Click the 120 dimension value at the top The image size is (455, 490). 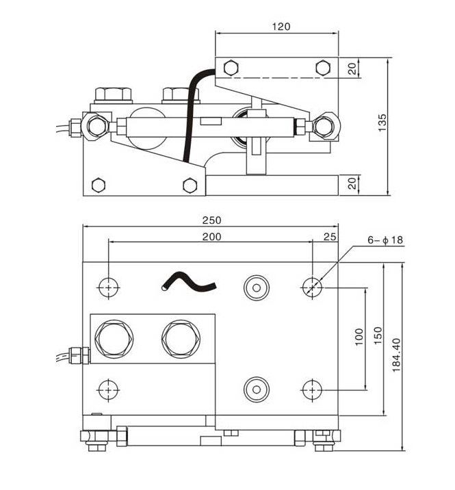[x=281, y=27]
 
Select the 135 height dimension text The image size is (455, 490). [x=382, y=122]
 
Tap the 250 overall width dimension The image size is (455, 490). [x=211, y=220]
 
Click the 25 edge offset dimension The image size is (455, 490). [x=330, y=236]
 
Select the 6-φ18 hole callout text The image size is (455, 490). [x=385, y=240]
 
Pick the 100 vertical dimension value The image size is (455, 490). [x=359, y=337]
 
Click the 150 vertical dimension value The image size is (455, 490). [x=376, y=337]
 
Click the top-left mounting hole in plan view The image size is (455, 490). [x=108, y=287]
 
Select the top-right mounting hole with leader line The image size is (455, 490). [x=313, y=287]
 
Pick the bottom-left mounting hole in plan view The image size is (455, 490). [x=108, y=389]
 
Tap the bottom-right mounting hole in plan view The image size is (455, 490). [x=313, y=389]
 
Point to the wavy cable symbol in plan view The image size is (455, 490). [x=185, y=281]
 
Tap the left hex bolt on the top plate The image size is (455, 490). [x=231, y=67]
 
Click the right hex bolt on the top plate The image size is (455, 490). [x=322, y=67]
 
